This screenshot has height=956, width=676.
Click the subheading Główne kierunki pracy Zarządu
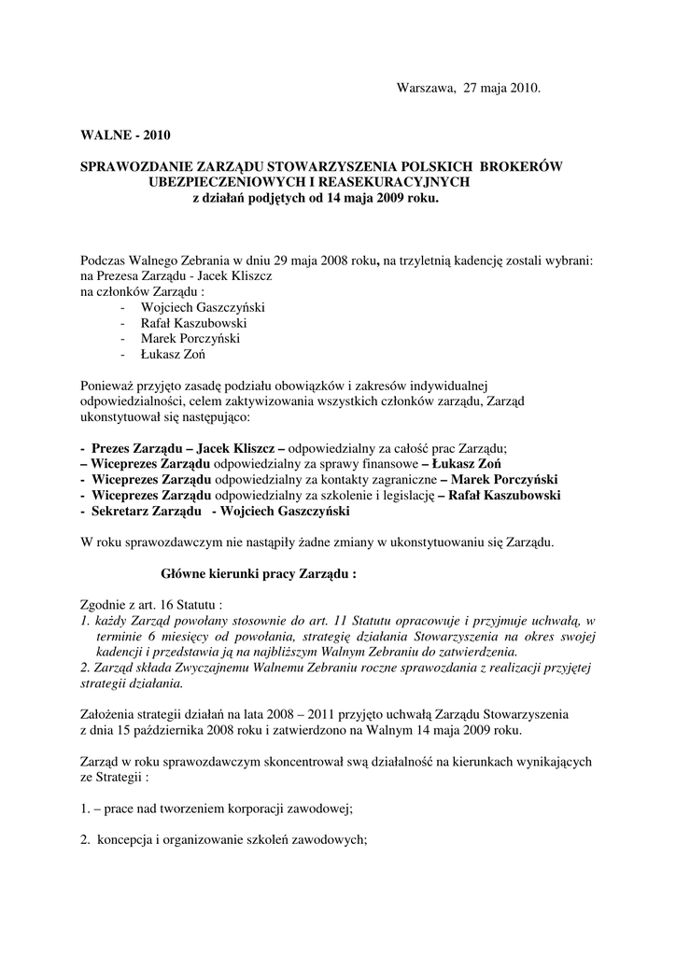coord(260,574)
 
